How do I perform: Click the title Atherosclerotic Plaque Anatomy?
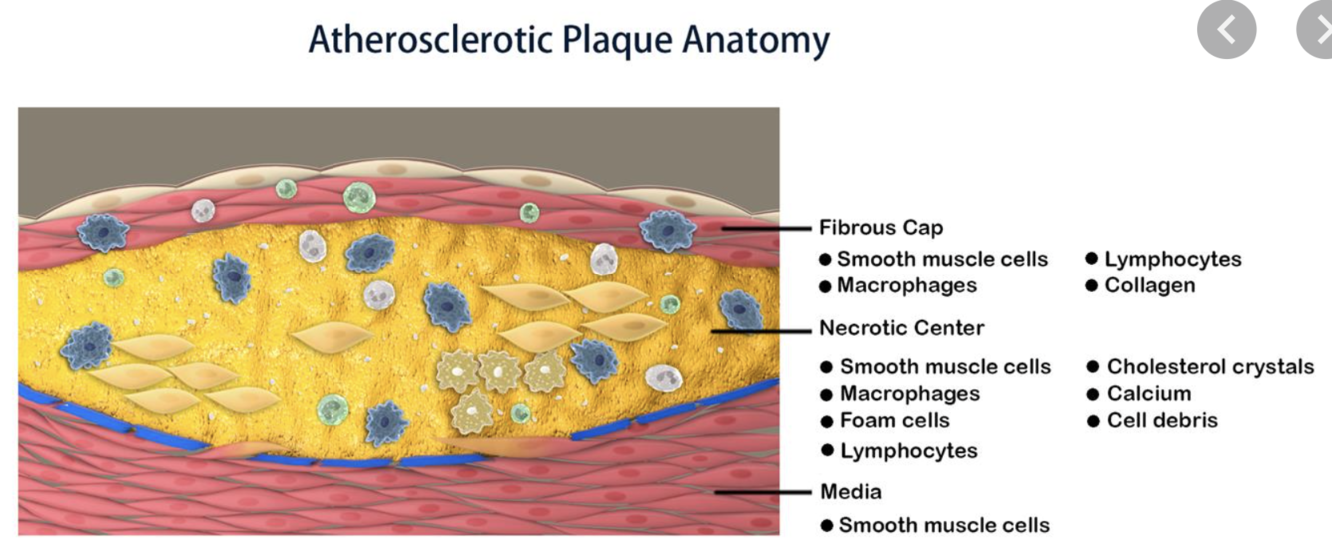coord(568,39)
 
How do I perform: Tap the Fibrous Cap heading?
coord(881,228)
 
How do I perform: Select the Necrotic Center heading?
coord(902,327)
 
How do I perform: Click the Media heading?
coord(851,491)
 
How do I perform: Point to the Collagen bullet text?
coord(1149,285)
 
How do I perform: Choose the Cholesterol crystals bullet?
coord(1210,366)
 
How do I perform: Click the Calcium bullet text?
coord(1149,393)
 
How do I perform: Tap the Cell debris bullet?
coord(1162,420)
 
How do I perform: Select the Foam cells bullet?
coord(895,420)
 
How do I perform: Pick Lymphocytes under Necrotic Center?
coord(909,451)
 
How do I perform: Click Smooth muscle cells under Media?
coord(945,525)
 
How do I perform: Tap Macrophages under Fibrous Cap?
coord(907,285)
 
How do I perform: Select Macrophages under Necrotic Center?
coord(910,393)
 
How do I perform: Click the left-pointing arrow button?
coord(1227,33)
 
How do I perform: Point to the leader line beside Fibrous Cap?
coord(764,229)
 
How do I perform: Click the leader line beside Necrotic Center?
coord(759,328)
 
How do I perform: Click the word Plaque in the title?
coord(618,39)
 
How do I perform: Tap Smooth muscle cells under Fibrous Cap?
coord(943,259)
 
